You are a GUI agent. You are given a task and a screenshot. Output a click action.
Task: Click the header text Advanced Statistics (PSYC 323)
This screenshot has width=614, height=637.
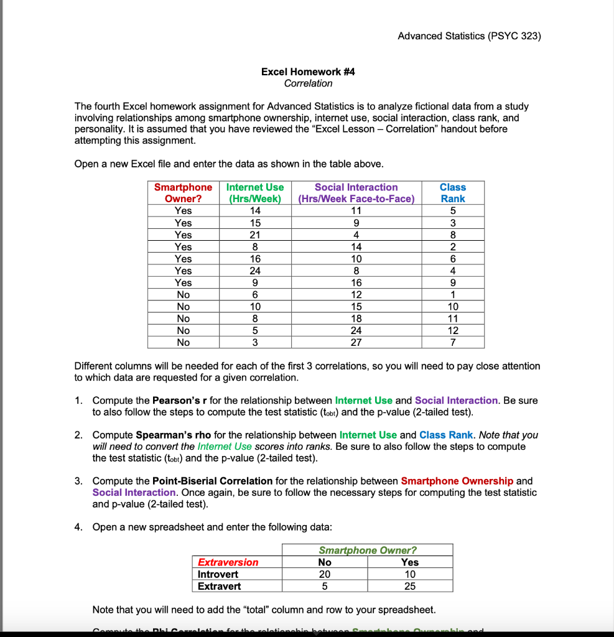pos(469,36)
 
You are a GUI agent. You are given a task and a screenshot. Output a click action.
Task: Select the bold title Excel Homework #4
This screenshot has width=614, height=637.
pos(308,72)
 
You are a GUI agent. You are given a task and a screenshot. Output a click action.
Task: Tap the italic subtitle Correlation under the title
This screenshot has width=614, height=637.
pos(308,83)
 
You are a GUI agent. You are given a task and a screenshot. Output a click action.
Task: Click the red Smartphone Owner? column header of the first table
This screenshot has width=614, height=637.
pos(183,193)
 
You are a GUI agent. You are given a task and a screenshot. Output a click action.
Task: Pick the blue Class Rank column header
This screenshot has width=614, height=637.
pos(452,193)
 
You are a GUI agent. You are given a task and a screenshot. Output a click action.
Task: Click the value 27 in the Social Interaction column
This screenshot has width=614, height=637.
pos(356,343)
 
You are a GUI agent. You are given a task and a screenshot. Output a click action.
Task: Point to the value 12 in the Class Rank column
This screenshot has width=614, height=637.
pos(452,331)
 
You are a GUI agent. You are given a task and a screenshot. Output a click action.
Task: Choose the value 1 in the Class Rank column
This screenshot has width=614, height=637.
pos(452,295)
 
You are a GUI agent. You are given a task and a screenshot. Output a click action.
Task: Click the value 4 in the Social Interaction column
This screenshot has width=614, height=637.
pos(356,235)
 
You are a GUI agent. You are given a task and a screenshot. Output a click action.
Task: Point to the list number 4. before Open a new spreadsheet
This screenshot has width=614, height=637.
pos(78,527)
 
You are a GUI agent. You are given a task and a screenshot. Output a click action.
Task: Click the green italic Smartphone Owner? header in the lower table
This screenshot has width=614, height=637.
pos(367,550)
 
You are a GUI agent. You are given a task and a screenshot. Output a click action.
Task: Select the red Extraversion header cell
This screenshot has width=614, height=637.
pos(228,562)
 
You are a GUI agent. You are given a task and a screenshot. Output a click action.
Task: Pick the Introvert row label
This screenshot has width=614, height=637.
pos(218,574)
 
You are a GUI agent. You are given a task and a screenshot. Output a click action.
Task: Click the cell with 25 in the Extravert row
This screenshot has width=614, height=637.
pos(410,586)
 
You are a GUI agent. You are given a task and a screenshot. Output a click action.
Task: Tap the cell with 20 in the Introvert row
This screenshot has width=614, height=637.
pos(325,574)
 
